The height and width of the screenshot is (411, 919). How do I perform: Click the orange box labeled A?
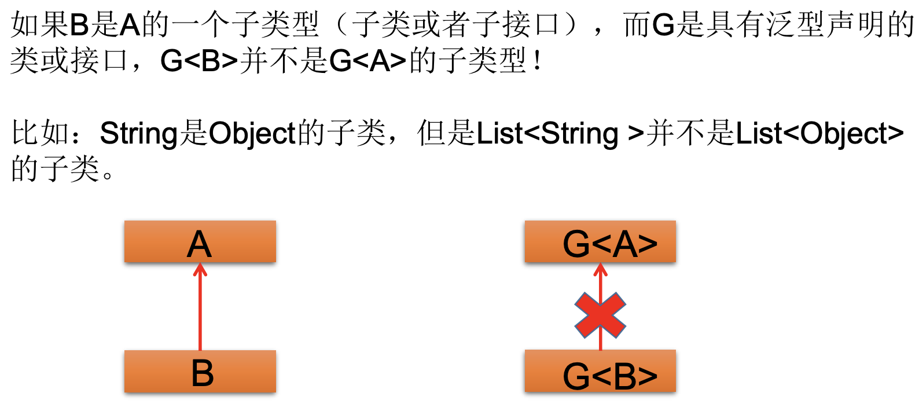tap(200, 242)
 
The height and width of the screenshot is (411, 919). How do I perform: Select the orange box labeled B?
tap(200, 372)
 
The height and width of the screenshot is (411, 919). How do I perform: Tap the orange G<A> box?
tap(600, 242)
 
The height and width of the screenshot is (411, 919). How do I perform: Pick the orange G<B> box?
tap(600, 372)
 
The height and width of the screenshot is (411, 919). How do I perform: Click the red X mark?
tap(600, 315)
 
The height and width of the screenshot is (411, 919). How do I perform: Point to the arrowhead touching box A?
tap(200, 269)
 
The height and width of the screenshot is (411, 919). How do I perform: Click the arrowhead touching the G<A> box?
tap(600, 269)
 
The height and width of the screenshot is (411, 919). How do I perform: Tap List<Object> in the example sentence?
tap(819, 134)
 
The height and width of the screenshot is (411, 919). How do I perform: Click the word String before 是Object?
tap(139, 134)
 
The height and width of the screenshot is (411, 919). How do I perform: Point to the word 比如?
tap(41, 134)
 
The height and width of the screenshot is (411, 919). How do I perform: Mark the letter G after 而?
tap(664, 25)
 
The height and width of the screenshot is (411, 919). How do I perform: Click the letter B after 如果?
tap(80, 25)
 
